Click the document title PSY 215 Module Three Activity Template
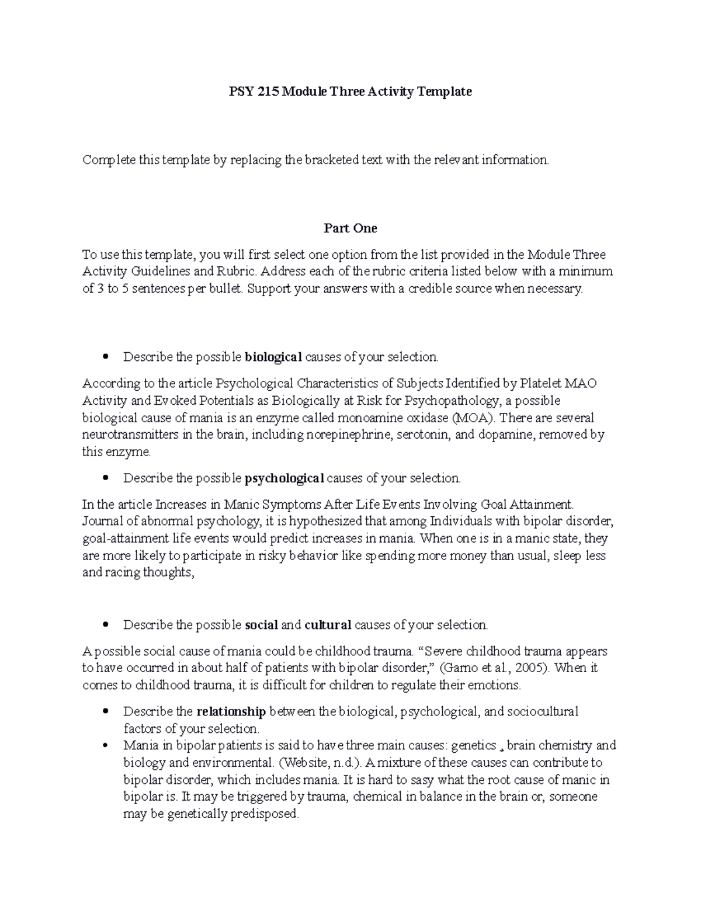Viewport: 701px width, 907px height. click(350, 91)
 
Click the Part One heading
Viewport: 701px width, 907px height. click(350, 228)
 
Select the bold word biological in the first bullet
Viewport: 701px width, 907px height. click(273, 357)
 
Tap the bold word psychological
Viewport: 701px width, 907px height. click(284, 478)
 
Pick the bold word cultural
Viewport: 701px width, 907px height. click(328, 625)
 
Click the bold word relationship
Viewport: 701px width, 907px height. click(231, 711)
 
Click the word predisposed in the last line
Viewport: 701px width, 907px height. click(266, 814)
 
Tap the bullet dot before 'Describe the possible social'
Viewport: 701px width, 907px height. click(105, 625)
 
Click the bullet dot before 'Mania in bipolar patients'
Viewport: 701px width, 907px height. click(105, 746)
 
